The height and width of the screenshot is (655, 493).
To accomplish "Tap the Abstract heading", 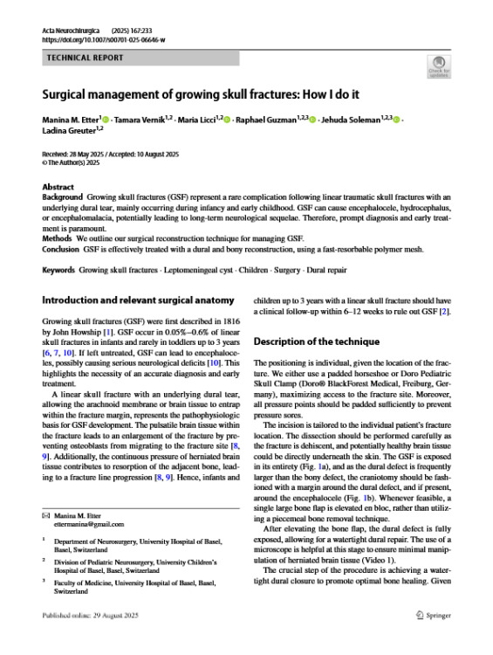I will pos(58,187).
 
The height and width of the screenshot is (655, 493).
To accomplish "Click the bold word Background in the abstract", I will pos(63,198).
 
